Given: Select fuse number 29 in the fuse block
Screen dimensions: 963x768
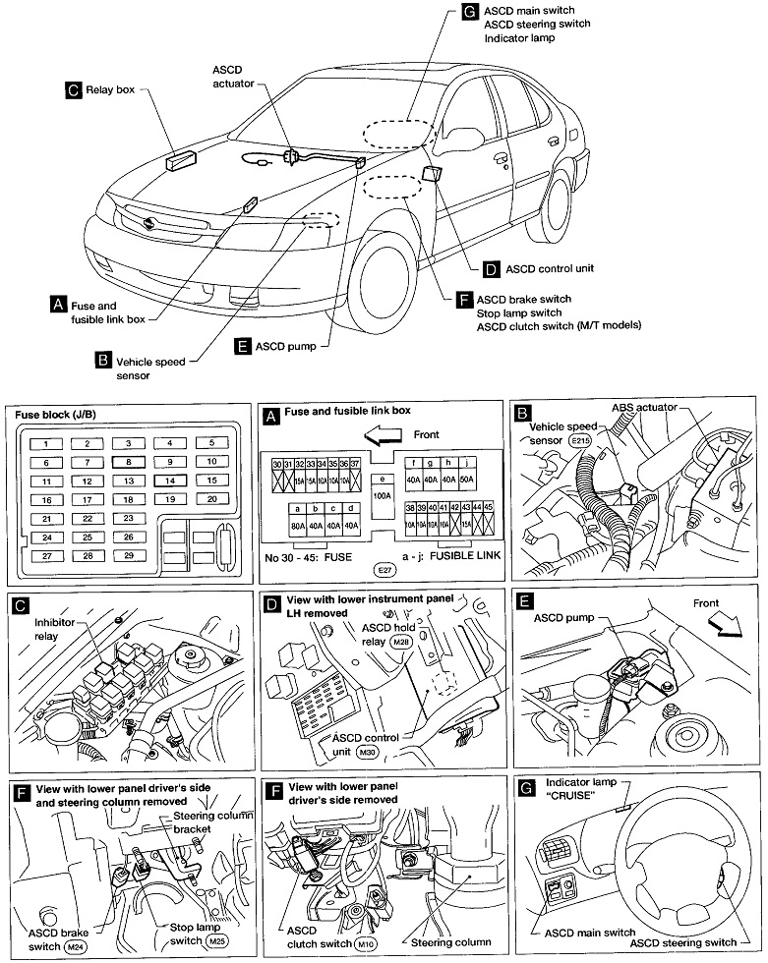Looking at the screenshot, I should click(x=128, y=556).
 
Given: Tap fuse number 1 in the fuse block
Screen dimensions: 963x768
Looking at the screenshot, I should click(x=45, y=444).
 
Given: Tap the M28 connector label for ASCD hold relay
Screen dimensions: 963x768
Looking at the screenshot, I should click(x=400, y=642).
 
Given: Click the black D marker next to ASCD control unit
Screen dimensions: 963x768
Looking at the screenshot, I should click(x=491, y=267).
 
